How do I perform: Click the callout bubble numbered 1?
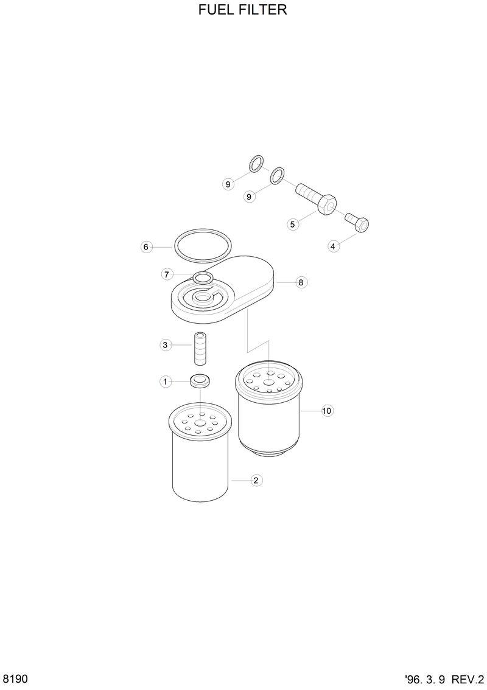tap(165, 382)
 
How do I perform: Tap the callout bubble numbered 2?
tap(256, 481)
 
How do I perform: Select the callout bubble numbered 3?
tap(165, 345)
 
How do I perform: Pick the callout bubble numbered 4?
tap(333, 246)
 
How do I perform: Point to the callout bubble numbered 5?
tap(293, 225)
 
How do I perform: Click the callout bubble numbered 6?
tap(145, 247)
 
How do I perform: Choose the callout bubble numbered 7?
tap(167, 274)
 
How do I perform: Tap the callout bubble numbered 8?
tap(301, 282)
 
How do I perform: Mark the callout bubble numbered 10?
tap(327, 411)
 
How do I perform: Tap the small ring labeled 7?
tap(203, 278)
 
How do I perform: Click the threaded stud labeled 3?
tap(201, 348)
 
